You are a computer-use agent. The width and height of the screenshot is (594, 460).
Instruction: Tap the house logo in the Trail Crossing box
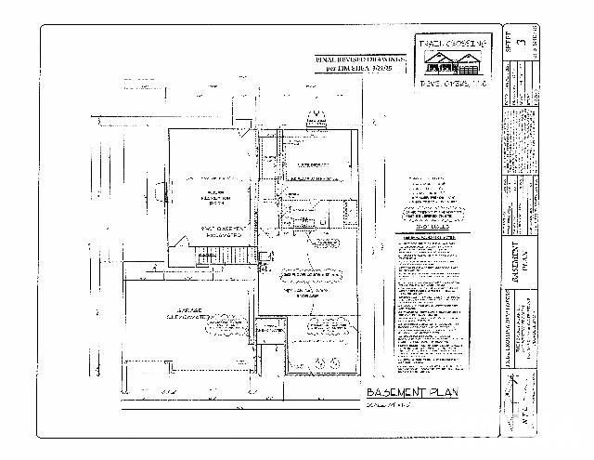coord(449,64)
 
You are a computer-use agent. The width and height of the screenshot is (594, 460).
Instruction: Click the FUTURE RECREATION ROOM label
coord(213,195)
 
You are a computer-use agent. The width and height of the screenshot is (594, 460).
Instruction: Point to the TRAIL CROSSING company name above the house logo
coord(449,44)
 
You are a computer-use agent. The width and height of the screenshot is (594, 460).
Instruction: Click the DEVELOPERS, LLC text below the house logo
coord(449,83)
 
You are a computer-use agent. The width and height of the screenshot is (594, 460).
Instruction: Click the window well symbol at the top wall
coord(318,118)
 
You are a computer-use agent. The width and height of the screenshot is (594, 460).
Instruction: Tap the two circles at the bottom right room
coord(329,325)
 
